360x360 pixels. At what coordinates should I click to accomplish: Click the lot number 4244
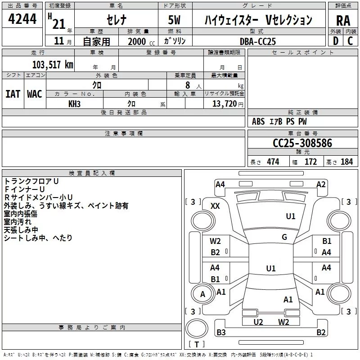tap(22, 19)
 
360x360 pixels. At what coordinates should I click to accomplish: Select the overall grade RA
tap(343, 21)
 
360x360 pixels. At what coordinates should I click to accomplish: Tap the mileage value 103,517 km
tap(53, 65)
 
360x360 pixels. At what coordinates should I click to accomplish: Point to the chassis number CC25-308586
tap(302, 143)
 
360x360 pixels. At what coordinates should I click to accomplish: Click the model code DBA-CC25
tap(257, 41)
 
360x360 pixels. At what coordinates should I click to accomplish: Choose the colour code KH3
tap(74, 104)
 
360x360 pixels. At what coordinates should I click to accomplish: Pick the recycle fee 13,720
tap(224, 104)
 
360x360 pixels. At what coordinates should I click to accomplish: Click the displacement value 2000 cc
tap(141, 41)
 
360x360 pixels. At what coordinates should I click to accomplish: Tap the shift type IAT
tap(13, 94)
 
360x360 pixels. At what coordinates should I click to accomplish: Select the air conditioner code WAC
tap(35, 94)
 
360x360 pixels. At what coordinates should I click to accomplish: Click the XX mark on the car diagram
tap(215, 206)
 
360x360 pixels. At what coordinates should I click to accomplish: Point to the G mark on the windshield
tap(284, 237)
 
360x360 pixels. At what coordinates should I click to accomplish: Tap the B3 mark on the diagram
tap(221, 332)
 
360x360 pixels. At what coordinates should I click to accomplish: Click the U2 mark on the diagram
tap(258, 322)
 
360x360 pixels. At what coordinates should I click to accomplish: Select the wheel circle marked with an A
tap(202, 294)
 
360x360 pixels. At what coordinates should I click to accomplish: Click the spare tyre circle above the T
tap(197, 328)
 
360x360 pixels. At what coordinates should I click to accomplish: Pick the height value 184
tap(346, 162)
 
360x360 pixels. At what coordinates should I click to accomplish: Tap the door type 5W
tap(174, 20)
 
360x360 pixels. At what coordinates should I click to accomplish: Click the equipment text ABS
tap(258, 121)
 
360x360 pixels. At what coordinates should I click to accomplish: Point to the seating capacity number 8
tap(188, 85)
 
